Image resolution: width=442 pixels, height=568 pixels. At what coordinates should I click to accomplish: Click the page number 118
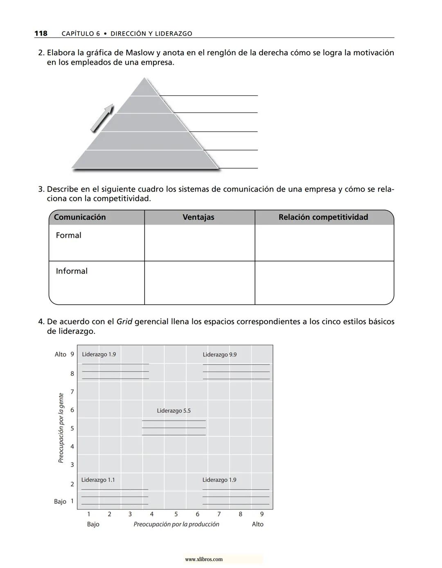click(x=41, y=34)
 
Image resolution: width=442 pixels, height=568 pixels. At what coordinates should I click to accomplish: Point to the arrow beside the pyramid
click(x=102, y=118)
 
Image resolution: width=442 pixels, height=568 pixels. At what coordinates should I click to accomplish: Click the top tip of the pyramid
click(x=144, y=79)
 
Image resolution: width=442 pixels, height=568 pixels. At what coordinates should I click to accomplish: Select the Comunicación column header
click(x=80, y=217)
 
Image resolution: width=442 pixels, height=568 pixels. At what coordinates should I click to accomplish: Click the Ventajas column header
click(x=198, y=217)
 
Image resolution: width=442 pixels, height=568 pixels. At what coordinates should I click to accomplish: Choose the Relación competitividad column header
click(x=323, y=217)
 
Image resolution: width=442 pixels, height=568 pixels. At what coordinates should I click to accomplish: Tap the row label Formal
click(x=69, y=235)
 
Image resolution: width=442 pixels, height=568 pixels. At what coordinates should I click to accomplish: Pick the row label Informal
click(x=72, y=271)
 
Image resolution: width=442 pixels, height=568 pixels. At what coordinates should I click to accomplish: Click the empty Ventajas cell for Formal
click(x=199, y=243)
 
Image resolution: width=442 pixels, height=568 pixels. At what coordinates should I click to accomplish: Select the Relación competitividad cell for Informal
click(x=324, y=283)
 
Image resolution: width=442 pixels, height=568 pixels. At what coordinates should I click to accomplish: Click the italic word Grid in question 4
click(x=124, y=322)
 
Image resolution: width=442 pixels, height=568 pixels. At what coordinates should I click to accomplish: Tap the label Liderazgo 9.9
click(x=220, y=355)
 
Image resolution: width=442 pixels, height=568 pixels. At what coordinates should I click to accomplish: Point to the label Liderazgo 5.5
click(x=174, y=411)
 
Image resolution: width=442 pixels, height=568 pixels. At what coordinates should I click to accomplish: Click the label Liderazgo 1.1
click(x=98, y=480)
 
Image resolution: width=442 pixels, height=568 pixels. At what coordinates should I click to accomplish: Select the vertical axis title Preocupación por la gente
click(x=61, y=428)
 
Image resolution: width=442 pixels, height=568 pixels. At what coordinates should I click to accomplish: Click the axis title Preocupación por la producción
click(x=176, y=525)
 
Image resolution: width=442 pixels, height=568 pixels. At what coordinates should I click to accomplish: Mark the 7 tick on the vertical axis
click(x=72, y=392)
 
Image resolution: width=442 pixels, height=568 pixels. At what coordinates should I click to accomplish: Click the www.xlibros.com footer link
click(x=204, y=559)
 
